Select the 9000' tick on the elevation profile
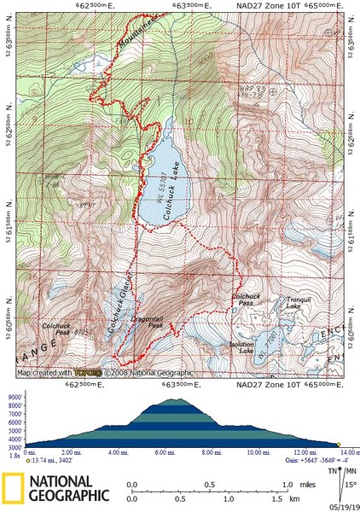(15, 399)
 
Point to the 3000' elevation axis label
(15, 446)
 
